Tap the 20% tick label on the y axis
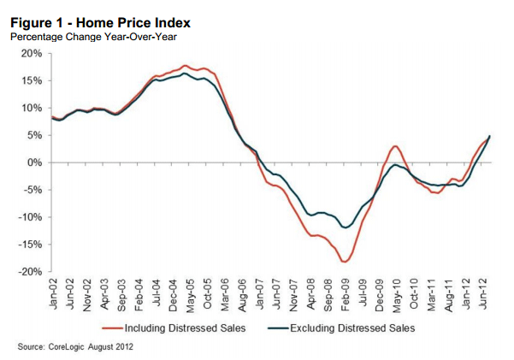(x=31, y=54)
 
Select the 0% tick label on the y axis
(x=34, y=162)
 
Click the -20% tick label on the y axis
(x=29, y=272)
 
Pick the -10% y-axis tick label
(x=29, y=217)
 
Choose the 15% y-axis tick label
(x=31, y=81)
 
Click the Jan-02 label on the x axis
(x=53, y=292)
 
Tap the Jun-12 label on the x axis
(x=483, y=292)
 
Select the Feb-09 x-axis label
(x=346, y=292)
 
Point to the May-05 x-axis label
(x=191, y=292)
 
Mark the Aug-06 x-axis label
(x=242, y=292)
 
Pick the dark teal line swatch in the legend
(x=278, y=327)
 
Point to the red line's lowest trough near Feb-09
(x=345, y=262)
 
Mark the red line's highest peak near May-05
(x=186, y=65)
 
